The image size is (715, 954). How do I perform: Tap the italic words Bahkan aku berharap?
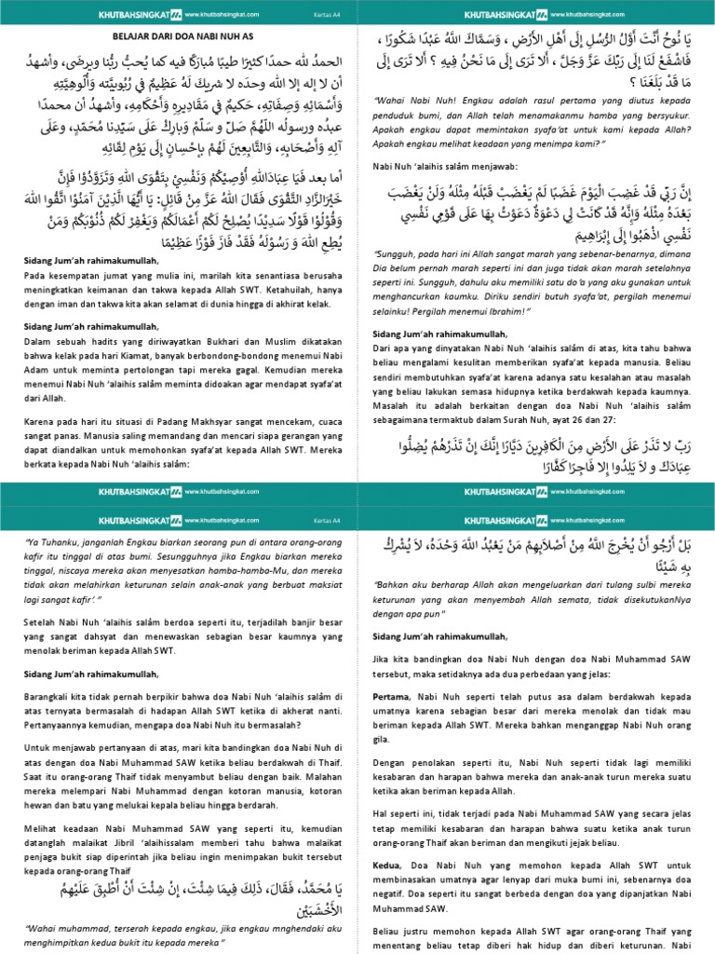418,586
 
